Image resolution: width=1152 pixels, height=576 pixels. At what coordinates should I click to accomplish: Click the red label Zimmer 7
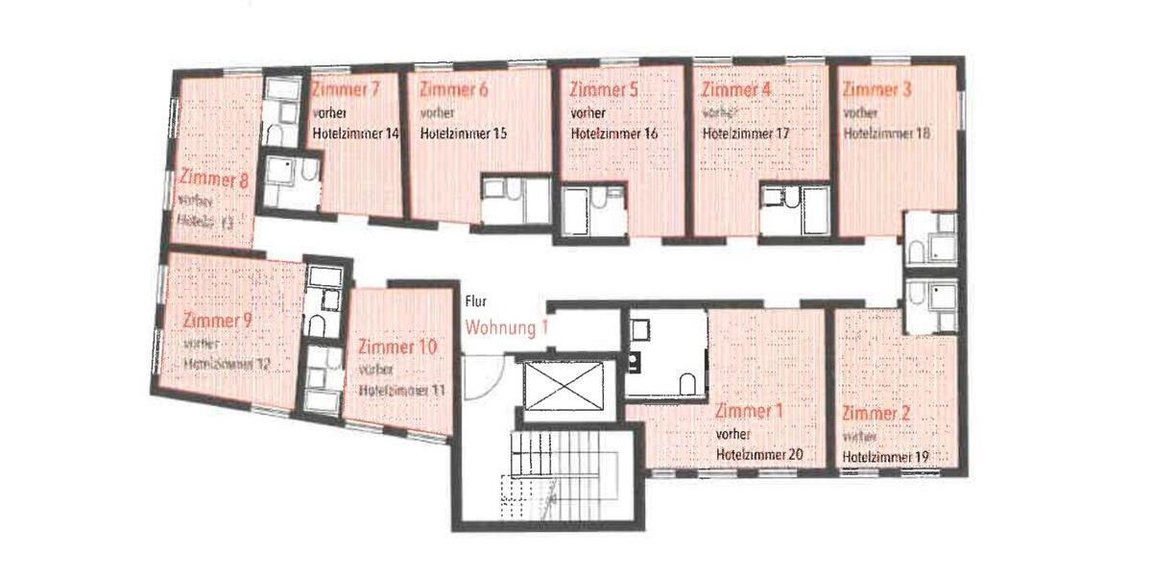tap(346, 89)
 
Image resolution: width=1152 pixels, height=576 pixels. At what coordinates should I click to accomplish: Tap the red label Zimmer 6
tap(454, 90)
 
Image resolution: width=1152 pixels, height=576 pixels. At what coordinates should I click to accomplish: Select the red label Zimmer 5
tap(604, 90)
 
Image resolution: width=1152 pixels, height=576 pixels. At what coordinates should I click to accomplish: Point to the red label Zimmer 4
tap(737, 90)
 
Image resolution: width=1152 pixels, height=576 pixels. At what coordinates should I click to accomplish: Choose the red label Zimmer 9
tap(217, 320)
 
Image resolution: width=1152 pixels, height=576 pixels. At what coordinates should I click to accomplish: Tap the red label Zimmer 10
tap(396, 346)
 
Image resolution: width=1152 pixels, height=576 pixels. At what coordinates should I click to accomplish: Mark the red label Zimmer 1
tap(750, 412)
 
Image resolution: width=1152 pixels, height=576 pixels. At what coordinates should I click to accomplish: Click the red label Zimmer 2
tap(876, 414)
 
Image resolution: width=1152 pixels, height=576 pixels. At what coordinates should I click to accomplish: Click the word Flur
tap(475, 300)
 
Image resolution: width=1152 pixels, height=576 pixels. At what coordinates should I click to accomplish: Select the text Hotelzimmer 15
tap(464, 133)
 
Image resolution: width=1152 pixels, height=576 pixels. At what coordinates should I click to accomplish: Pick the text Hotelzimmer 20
tap(759, 455)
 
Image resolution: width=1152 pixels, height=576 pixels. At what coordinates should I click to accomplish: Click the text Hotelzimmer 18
tap(886, 133)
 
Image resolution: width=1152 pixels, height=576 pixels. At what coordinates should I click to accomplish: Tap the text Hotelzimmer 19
tap(885, 457)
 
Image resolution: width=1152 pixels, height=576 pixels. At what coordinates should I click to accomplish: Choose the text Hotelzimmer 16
tap(614, 134)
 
